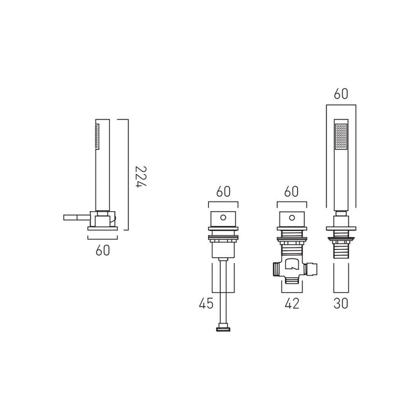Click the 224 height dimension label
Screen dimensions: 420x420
(141, 177)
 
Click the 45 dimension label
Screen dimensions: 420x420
(206, 304)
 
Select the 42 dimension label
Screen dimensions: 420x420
(292, 304)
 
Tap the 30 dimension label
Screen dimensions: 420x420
(341, 304)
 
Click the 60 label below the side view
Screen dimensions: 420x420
(103, 250)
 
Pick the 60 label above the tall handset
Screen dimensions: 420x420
(341, 94)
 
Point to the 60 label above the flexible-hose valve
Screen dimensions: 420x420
(223, 191)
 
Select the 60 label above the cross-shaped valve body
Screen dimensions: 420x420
(292, 191)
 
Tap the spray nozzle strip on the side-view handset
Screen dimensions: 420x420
(97, 136)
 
